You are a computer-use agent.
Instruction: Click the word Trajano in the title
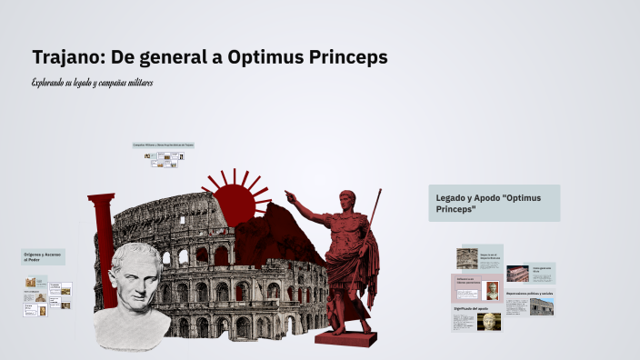pos(67,57)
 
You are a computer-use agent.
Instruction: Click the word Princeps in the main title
pos(348,57)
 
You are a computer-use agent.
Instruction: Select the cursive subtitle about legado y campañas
pos(92,83)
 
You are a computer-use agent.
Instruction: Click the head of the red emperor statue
pos(346,201)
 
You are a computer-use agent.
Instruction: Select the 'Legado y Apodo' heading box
pos(494,203)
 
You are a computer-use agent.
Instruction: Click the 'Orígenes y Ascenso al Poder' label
pos(43,257)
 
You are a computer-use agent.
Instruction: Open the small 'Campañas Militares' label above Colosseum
pos(164,145)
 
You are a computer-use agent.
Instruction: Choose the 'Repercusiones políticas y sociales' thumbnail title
pos(530,294)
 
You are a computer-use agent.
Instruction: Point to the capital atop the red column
pos(101,198)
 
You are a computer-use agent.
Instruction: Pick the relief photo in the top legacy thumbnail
pos(467,258)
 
